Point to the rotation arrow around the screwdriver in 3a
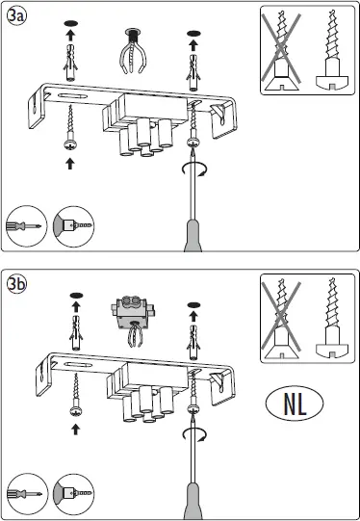[x=193, y=170]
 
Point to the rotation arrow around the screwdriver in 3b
[x=193, y=435]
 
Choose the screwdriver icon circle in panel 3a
[x=24, y=225]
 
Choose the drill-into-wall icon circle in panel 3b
[x=74, y=491]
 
